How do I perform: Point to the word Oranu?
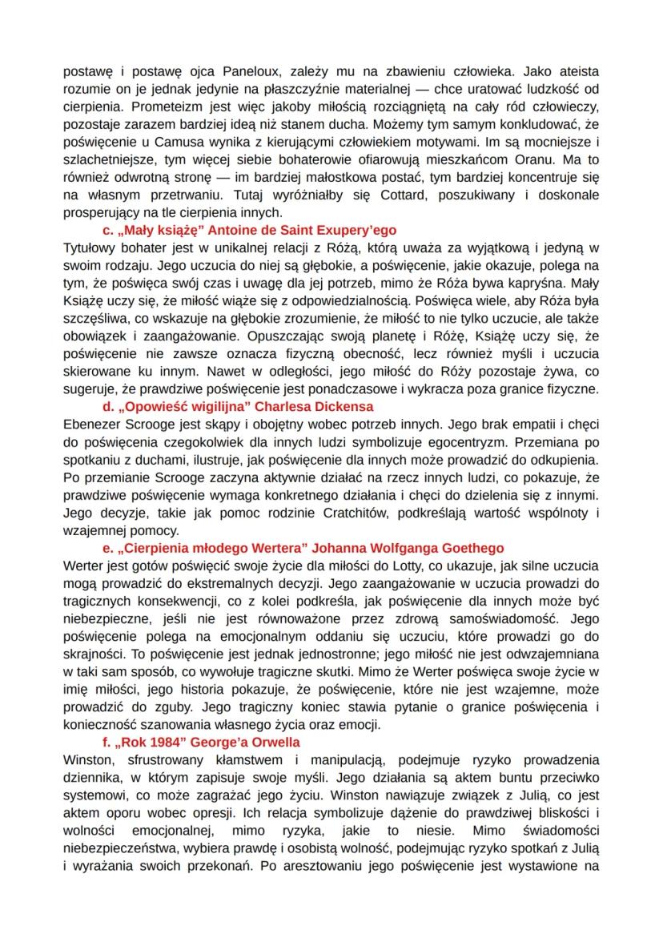[x=542, y=159]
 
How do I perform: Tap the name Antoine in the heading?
[x=230, y=231]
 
